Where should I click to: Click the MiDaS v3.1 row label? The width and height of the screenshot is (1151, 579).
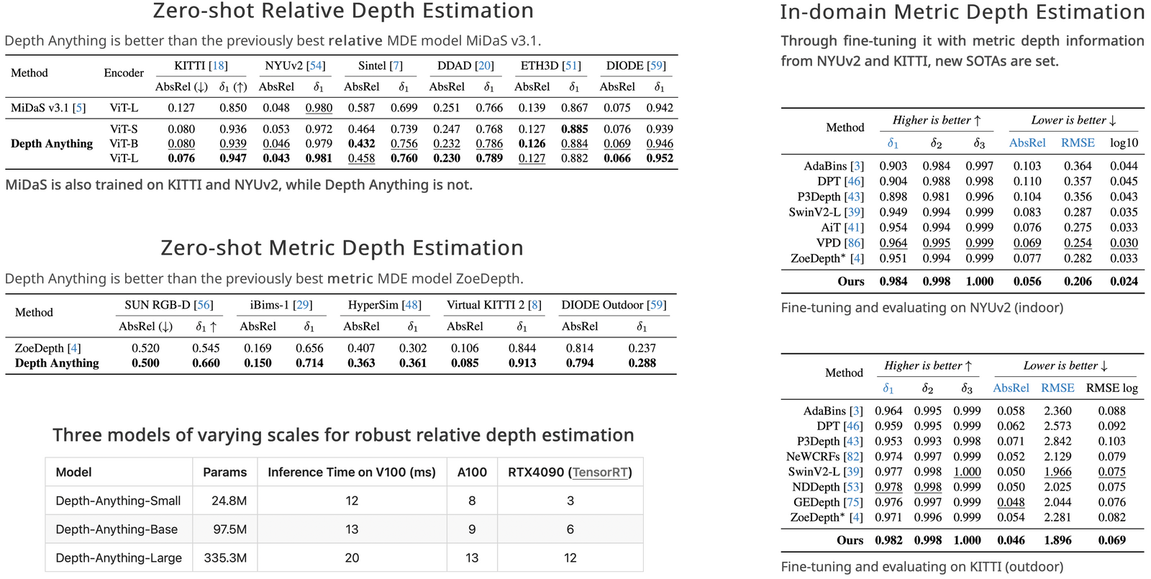[x=47, y=108]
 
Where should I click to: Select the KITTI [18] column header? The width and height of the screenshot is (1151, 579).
[x=201, y=65]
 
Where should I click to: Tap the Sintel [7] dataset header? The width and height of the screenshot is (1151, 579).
[x=381, y=65]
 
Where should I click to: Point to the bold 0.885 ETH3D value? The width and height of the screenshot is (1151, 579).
[x=574, y=129]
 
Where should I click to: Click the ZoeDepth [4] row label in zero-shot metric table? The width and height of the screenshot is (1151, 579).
[x=47, y=348]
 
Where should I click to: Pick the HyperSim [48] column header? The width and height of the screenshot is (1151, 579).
[x=384, y=305]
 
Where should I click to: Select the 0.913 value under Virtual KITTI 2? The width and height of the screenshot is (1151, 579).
[x=522, y=363]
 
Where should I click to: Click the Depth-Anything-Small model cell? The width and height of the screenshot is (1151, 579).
[x=118, y=501]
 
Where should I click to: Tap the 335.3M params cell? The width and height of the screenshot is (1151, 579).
[x=224, y=557]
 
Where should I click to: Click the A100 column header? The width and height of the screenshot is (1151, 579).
[x=472, y=473]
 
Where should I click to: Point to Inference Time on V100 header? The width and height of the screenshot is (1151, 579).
[x=351, y=473]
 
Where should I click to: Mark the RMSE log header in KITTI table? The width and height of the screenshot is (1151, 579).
[x=1111, y=388]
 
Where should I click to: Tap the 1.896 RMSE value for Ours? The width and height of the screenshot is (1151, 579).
[x=1057, y=540]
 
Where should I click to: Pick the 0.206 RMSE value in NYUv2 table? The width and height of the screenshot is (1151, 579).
[x=1078, y=281]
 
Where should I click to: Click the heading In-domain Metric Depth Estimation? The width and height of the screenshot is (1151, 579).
[x=962, y=12]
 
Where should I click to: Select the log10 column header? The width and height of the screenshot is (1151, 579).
[x=1124, y=143]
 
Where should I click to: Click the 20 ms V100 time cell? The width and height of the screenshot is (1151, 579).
[x=351, y=557]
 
